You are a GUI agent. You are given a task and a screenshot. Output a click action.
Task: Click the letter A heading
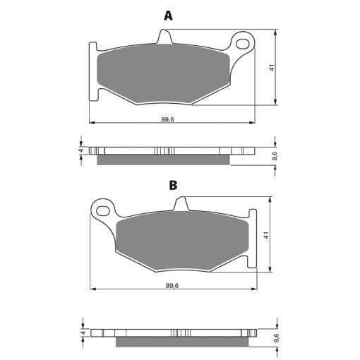(168, 16)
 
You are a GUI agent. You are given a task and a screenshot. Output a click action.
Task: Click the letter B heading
(173, 185)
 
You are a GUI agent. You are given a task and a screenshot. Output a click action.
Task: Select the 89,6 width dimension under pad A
(167, 119)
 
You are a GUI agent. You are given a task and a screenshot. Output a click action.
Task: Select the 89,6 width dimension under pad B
(172, 286)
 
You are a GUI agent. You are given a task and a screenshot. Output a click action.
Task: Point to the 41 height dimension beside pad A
(272, 68)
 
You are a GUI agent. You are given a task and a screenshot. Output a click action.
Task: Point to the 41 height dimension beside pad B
(266, 236)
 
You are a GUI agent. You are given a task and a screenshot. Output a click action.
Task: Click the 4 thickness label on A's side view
(82, 150)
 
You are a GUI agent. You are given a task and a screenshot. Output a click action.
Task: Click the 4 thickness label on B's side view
(83, 332)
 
